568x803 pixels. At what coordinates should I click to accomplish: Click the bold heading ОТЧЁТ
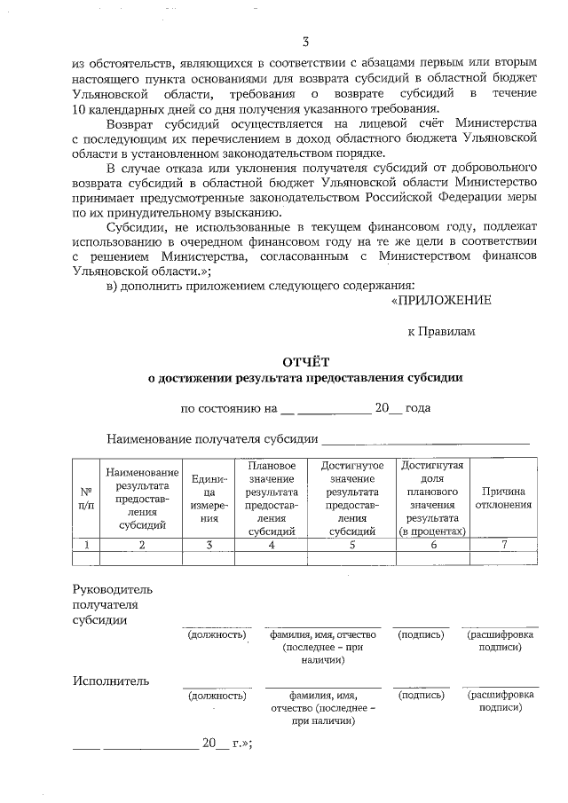point(304,361)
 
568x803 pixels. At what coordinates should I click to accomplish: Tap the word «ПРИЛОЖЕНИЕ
point(440,300)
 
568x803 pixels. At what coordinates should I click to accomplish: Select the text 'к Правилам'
point(441,331)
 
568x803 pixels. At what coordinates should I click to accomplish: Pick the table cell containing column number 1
point(86,545)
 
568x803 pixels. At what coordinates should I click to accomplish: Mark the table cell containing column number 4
point(271,545)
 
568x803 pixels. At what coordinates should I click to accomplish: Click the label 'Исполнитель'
point(110,681)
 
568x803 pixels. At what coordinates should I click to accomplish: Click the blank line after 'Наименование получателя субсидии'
point(426,437)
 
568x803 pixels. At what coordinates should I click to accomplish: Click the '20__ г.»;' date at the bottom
point(227,744)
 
